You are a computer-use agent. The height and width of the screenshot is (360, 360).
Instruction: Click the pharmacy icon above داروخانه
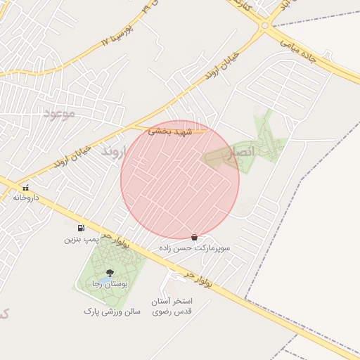click(x=27, y=188)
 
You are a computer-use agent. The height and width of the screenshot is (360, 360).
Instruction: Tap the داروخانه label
click(x=29, y=198)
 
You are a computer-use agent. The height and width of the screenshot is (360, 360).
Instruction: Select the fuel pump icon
click(x=82, y=228)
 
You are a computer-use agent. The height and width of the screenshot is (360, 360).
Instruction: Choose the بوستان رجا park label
click(x=109, y=283)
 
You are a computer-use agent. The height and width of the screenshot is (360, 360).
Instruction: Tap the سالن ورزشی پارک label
click(x=112, y=310)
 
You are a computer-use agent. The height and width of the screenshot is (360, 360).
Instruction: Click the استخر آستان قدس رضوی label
click(x=172, y=306)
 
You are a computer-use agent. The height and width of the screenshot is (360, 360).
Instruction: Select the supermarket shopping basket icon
click(x=194, y=238)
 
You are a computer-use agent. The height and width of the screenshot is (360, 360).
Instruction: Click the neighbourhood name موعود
click(x=58, y=113)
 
